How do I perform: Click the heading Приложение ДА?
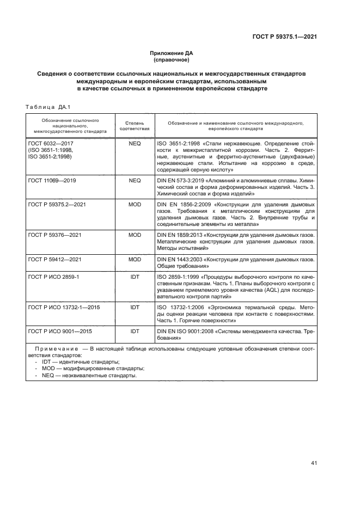172,53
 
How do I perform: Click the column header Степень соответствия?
134,126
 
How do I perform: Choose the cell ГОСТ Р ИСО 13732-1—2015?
62,308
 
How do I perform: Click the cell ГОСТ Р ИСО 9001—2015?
59,331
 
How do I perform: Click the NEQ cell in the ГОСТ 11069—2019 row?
135,180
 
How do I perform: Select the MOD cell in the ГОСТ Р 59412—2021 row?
135,260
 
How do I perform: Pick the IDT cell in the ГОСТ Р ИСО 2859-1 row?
135,277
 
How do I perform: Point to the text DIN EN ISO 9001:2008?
188,331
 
